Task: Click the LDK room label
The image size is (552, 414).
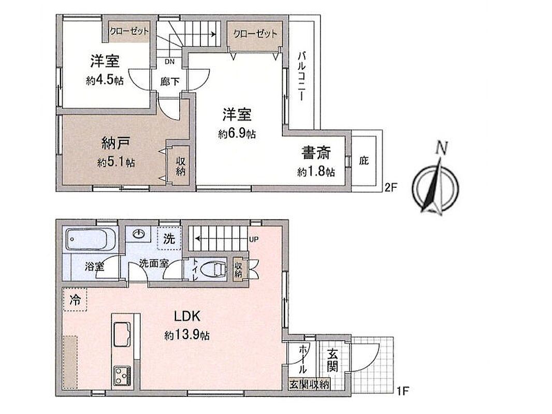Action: pyautogui.click(x=187, y=317)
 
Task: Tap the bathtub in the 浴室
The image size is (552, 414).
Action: pyautogui.click(x=90, y=239)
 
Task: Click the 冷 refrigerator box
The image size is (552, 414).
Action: pyautogui.click(x=75, y=300)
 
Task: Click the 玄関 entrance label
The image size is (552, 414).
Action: pyautogui.click(x=332, y=360)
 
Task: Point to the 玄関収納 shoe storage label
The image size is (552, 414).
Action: pyautogui.click(x=309, y=385)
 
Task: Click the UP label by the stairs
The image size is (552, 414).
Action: pyautogui.click(x=254, y=240)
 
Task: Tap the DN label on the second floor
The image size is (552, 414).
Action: pyautogui.click(x=170, y=62)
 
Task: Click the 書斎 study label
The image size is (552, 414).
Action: pyautogui.click(x=316, y=153)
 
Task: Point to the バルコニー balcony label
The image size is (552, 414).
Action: pyautogui.click(x=301, y=76)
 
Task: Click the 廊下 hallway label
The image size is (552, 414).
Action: pyautogui.click(x=170, y=82)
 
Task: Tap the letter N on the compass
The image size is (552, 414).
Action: pyautogui.click(x=441, y=147)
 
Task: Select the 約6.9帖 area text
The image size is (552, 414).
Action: pyautogui.click(x=237, y=134)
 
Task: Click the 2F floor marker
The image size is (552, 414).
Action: pyautogui.click(x=390, y=187)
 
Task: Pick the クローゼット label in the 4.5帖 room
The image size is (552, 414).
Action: pyautogui.click(x=129, y=31)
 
